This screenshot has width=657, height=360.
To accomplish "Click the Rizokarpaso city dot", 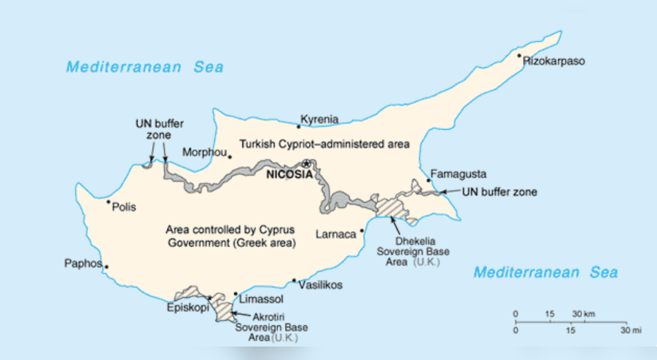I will pyautogui.click(x=520, y=56).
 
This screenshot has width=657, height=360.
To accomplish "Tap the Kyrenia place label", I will pyautogui.click(x=320, y=119).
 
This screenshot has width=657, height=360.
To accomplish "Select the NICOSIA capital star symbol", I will pyautogui.click(x=307, y=163).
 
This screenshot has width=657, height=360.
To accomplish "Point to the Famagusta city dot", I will pyautogui.click(x=429, y=180).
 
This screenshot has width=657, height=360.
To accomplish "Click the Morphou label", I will pyautogui.click(x=204, y=152).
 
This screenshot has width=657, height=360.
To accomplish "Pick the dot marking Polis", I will pyautogui.click(x=108, y=202).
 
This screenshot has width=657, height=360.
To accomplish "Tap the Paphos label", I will pyautogui.click(x=83, y=263).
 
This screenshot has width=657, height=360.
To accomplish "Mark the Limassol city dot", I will pyautogui.click(x=235, y=294).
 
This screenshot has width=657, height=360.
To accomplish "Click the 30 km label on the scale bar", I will pyautogui.click(x=583, y=314).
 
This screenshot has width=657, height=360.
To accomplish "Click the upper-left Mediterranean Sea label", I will pyautogui.click(x=145, y=67).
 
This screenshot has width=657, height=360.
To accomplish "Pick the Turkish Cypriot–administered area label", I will pyautogui.click(x=323, y=144).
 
